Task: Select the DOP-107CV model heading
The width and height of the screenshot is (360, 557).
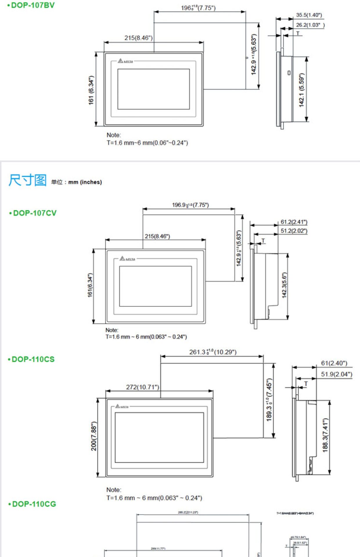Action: [35, 213]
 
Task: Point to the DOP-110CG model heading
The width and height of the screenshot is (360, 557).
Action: [34, 504]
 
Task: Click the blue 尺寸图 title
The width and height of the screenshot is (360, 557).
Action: [28, 180]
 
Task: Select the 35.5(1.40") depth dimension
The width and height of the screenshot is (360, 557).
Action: [309, 15]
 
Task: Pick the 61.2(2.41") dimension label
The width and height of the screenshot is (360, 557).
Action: [294, 222]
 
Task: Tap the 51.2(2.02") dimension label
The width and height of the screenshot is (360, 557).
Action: [294, 231]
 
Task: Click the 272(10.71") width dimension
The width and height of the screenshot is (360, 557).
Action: [143, 387]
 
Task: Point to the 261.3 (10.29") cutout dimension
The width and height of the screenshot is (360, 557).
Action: [213, 352]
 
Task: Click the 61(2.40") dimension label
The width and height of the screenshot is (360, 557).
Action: [334, 363]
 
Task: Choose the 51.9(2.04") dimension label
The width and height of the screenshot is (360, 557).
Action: [336, 374]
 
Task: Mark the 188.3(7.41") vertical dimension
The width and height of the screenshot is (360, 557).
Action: [325, 435]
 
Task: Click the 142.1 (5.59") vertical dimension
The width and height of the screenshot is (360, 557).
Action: [302, 90]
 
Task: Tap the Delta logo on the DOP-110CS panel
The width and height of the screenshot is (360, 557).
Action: [122, 406]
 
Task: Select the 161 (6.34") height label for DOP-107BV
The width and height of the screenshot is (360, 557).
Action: [91, 90]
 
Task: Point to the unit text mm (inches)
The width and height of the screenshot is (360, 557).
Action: [85, 182]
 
